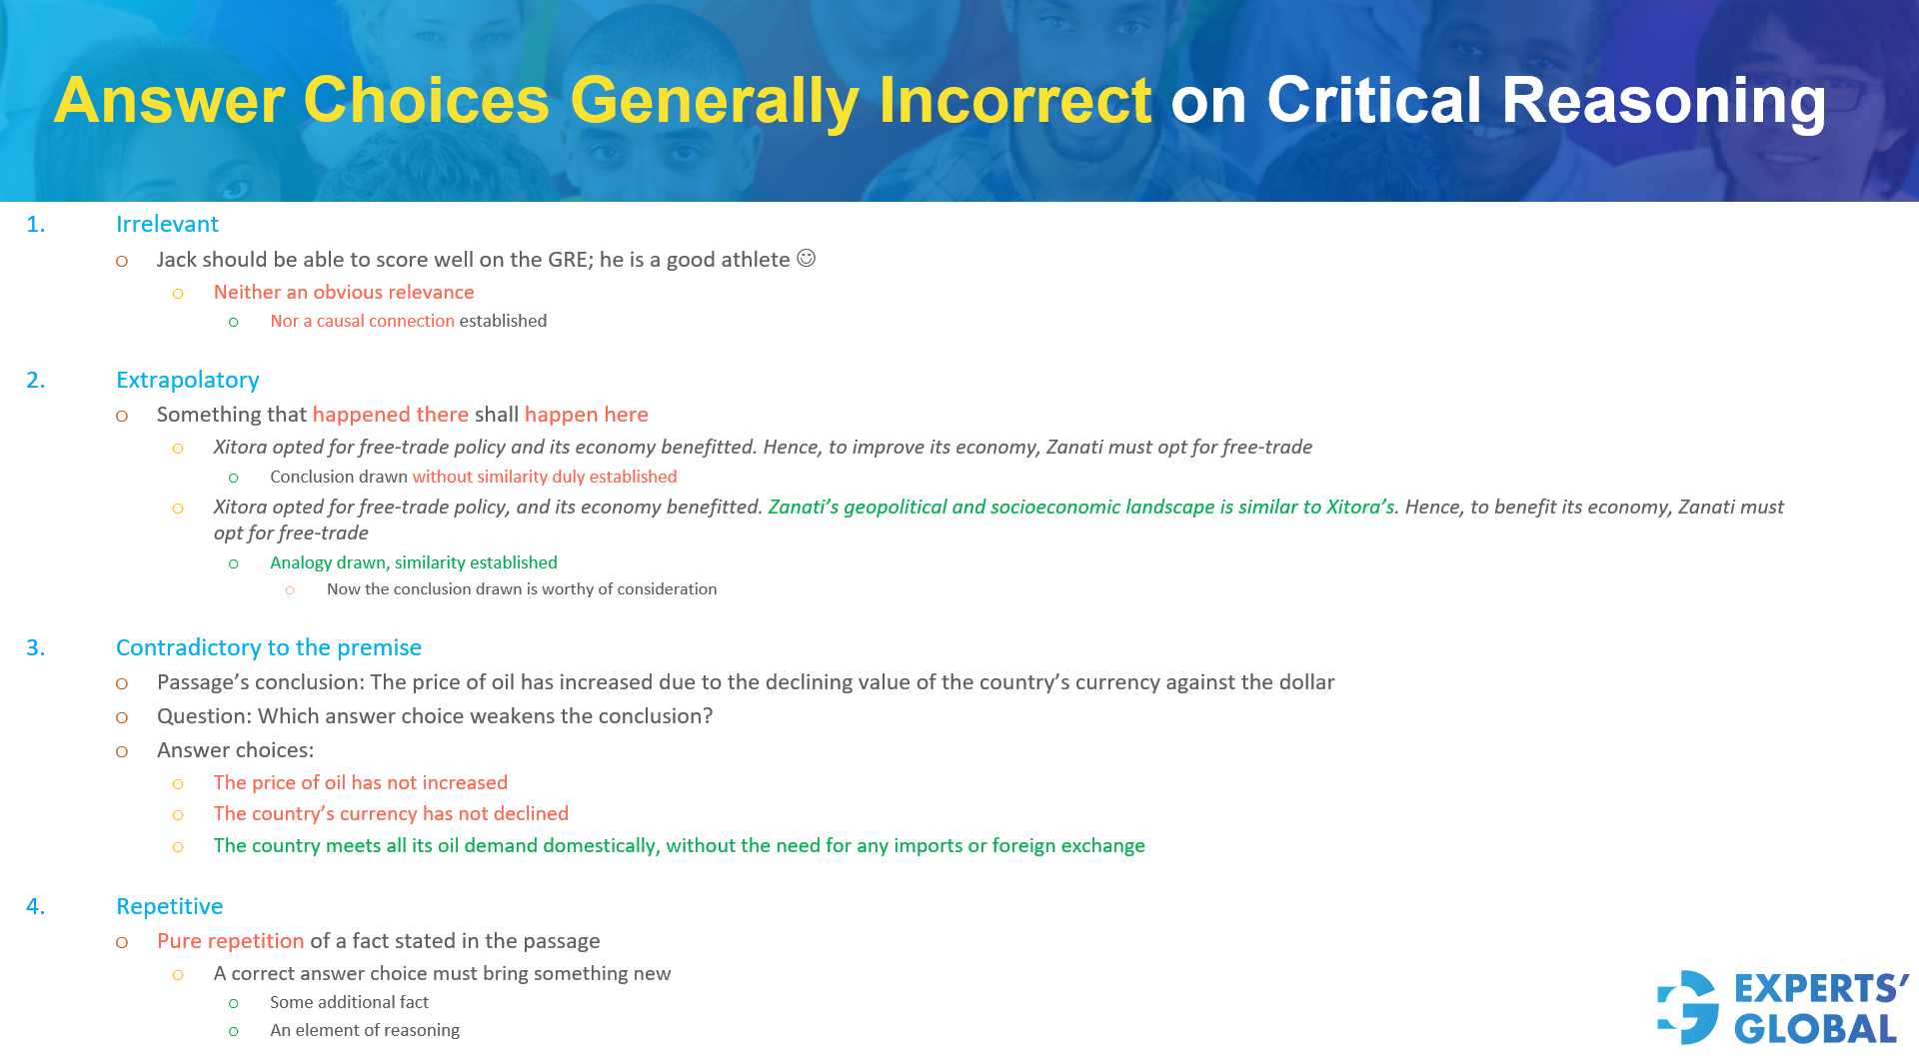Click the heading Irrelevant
click(x=167, y=225)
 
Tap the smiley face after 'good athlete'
click(x=806, y=259)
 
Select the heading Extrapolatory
click(x=187, y=381)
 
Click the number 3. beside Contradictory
click(x=36, y=648)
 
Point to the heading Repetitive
click(x=169, y=907)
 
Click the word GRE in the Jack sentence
click(x=570, y=260)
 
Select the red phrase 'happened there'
click(x=390, y=415)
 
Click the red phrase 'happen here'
click(x=586, y=415)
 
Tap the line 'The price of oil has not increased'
click(x=360, y=783)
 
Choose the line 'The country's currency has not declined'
click(x=391, y=814)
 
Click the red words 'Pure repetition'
click(x=230, y=941)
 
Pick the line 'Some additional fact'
click(x=349, y=1002)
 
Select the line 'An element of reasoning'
click(x=364, y=1030)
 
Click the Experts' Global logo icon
click(x=1688, y=1007)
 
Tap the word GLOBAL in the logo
click(x=1815, y=1030)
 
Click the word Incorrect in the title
click(x=1014, y=101)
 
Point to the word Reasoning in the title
click(x=1663, y=101)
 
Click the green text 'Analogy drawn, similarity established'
click(x=413, y=563)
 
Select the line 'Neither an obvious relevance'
click(x=343, y=293)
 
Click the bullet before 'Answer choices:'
click(x=122, y=751)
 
